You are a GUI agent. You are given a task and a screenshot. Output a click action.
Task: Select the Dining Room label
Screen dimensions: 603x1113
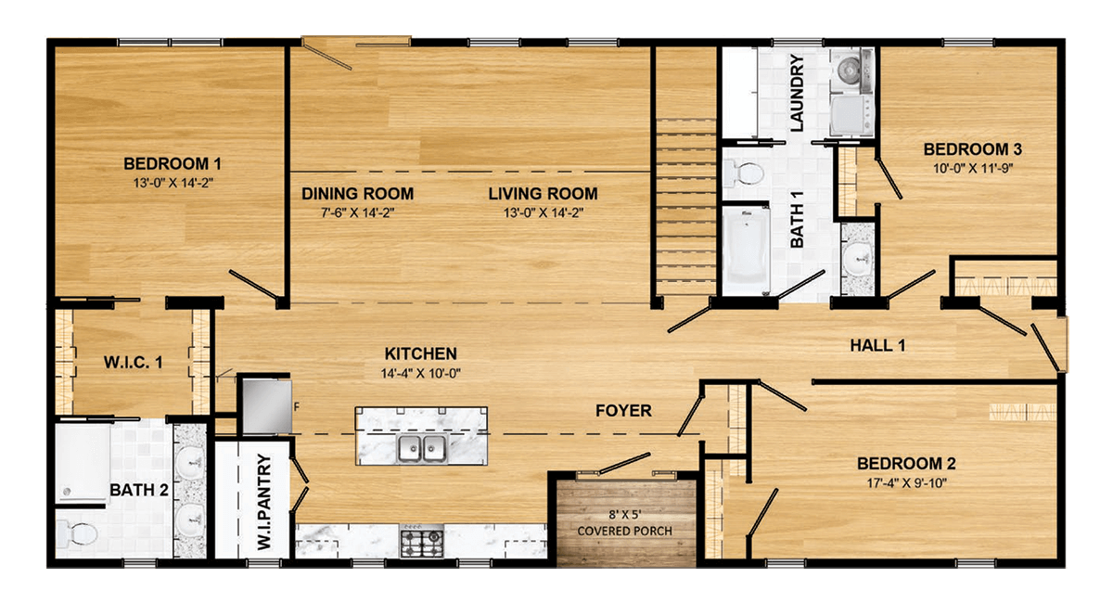click(357, 194)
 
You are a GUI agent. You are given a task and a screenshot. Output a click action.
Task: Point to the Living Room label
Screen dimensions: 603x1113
click(543, 194)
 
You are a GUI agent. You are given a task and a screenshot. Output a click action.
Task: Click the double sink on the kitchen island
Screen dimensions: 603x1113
click(422, 449)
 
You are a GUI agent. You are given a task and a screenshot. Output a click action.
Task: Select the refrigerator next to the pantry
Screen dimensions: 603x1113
click(267, 404)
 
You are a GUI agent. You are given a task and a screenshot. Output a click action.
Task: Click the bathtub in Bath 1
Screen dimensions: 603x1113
click(745, 246)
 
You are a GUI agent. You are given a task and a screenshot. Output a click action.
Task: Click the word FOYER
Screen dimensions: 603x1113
click(623, 410)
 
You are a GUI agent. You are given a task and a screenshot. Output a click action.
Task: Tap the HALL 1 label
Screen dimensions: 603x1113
click(877, 346)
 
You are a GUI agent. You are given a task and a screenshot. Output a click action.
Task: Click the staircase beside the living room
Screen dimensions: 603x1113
click(685, 204)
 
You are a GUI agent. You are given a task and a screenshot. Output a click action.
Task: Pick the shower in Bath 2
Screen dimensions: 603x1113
click(83, 464)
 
